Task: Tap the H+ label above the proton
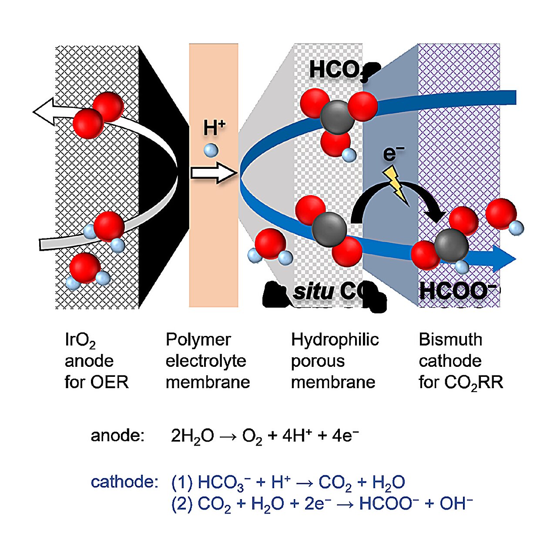pos(214,128)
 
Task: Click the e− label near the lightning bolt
pos(393,154)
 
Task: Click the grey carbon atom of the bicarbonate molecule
pos(337,117)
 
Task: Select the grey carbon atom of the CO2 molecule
pos(330,230)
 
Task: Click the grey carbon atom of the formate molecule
pos(451,245)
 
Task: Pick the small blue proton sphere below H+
pos(211,151)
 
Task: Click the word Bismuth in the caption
pos(450,340)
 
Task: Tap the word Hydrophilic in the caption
pos(335,340)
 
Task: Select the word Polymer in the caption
pos(198,340)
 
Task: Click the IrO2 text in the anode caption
pos(80,340)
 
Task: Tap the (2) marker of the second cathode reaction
pos(182,503)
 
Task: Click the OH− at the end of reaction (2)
pos(456,503)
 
